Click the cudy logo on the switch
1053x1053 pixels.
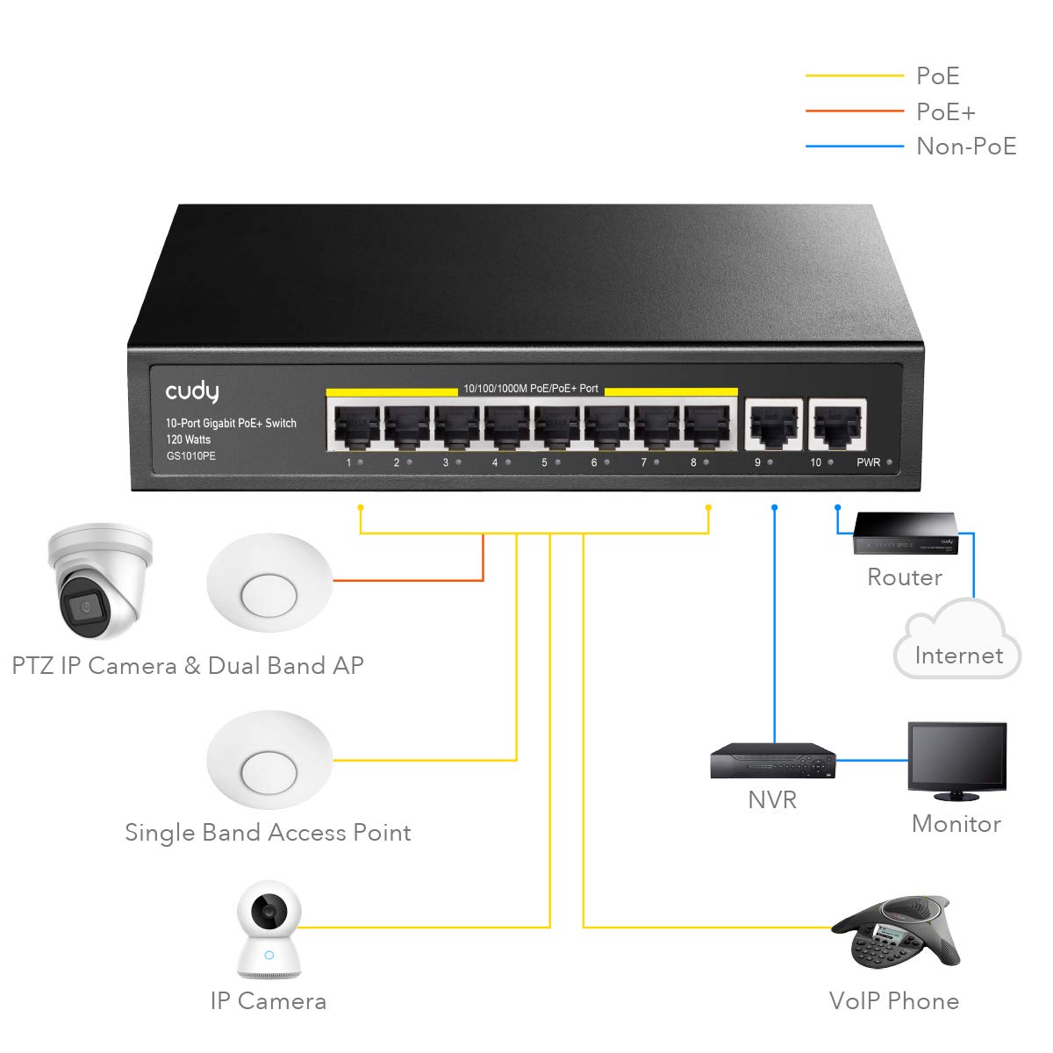pos(192,391)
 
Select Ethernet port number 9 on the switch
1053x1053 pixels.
pos(773,426)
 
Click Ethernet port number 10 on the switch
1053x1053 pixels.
pos(837,426)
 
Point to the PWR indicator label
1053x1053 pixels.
pos(868,462)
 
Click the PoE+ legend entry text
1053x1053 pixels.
pos(945,111)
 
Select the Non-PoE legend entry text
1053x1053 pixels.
pos(965,147)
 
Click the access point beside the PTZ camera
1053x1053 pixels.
pos(269,583)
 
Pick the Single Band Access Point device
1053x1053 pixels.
pos(269,760)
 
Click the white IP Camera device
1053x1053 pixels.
pos(269,930)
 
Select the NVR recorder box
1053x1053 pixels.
pos(772,761)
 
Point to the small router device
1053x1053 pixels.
pos(906,534)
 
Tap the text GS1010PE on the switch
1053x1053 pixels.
pos(190,456)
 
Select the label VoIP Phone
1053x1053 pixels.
pos(893,1000)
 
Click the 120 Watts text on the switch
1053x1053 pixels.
pos(189,440)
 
